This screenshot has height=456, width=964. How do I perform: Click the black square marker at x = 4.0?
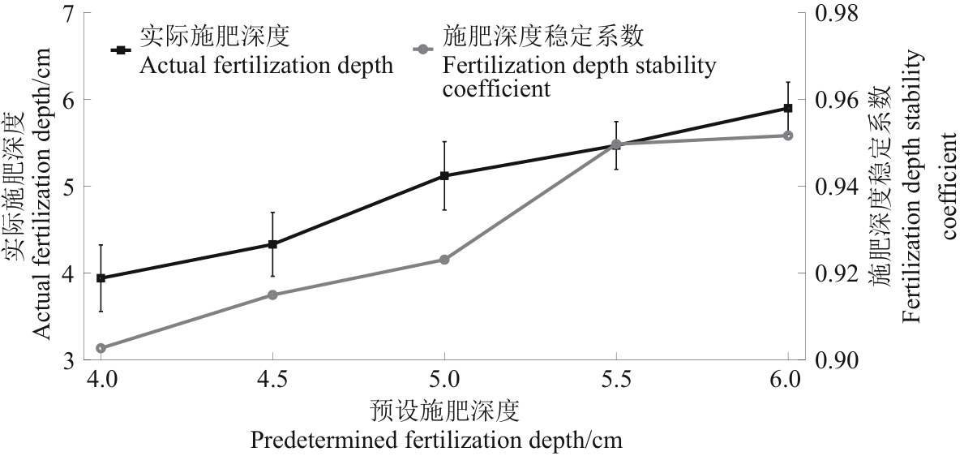(x=101, y=278)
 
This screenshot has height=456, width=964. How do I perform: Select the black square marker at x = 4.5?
(x=272, y=244)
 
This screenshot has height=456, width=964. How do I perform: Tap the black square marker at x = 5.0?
(x=444, y=175)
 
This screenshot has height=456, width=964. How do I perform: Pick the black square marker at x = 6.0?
(x=788, y=108)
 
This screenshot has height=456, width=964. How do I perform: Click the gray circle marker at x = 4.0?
(x=101, y=348)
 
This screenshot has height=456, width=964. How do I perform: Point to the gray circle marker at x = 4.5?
(x=272, y=295)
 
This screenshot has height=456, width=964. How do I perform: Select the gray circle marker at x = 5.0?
(x=444, y=260)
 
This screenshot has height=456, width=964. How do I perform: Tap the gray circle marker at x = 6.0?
(x=788, y=136)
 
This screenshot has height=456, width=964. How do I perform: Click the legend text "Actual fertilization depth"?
(x=266, y=65)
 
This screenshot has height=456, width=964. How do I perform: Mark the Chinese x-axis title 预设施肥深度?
(x=443, y=411)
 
